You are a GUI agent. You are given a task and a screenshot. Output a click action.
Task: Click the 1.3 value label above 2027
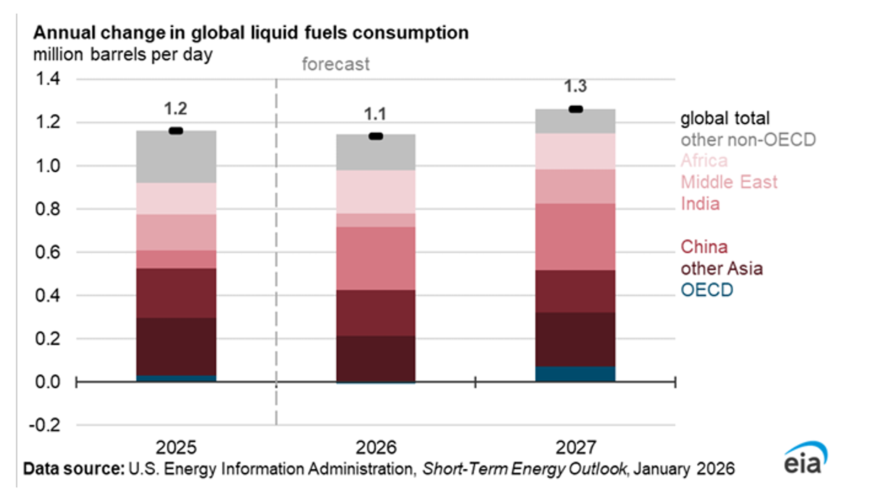[x=575, y=86]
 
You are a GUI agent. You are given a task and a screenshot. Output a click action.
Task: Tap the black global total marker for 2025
[x=176, y=131]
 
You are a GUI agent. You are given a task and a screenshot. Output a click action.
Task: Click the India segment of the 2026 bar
[x=376, y=258]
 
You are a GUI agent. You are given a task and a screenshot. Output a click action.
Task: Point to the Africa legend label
[x=704, y=161]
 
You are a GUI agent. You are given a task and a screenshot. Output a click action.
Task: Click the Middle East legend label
[x=729, y=182]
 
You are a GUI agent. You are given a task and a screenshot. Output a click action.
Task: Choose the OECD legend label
[x=707, y=290]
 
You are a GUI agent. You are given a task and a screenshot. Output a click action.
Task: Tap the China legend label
[x=704, y=247]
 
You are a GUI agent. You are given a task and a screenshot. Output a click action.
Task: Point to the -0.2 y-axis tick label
[x=45, y=425]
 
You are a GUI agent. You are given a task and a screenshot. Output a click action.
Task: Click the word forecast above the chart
[x=335, y=64]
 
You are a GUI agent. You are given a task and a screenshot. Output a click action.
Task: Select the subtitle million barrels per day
[x=123, y=55]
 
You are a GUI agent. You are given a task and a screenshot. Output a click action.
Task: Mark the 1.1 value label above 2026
[x=375, y=114]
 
